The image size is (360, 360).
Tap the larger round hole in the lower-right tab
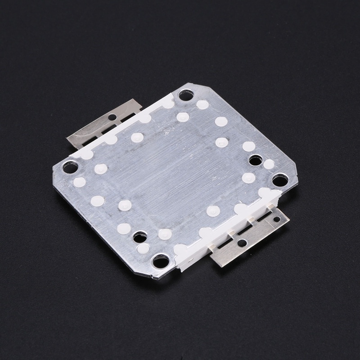click(x=242, y=243)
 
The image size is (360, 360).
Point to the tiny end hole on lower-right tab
click(x=277, y=219)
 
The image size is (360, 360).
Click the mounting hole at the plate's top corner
click(x=186, y=95)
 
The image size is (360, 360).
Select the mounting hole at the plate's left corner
click(x=70, y=167)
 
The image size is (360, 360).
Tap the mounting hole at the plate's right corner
click(x=279, y=180)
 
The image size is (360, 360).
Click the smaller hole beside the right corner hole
click(x=256, y=160)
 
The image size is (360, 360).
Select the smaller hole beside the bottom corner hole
click(x=139, y=236)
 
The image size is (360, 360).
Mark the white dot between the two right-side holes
click(x=269, y=165)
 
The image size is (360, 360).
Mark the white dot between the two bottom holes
click(x=143, y=248)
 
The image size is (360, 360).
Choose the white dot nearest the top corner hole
click(x=202, y=105)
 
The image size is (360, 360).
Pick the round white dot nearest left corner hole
click(x=80, y=182)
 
